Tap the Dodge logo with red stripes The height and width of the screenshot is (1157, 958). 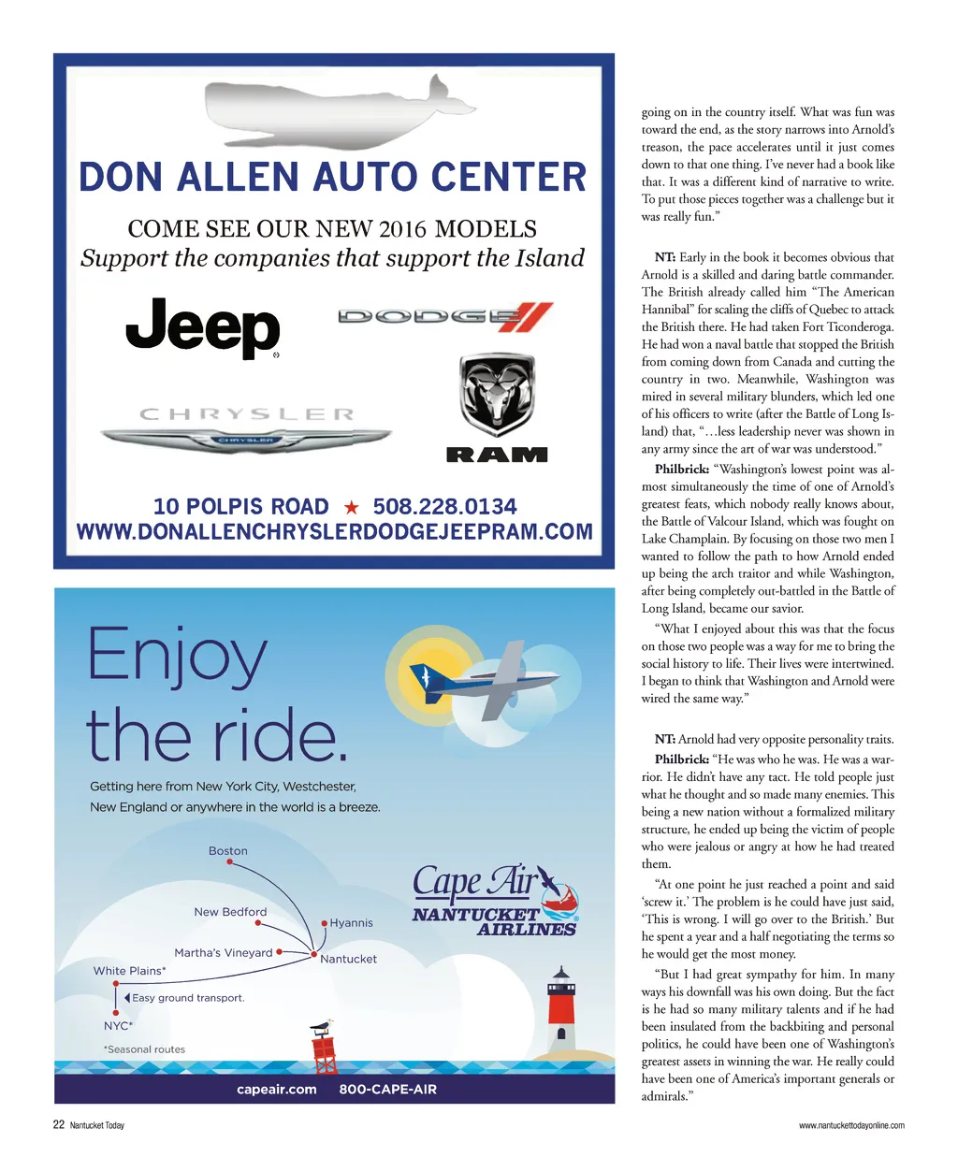pos(445,316)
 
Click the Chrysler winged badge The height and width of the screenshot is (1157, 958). pos(245,437)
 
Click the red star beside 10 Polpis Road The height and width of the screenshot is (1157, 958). pos(352,508)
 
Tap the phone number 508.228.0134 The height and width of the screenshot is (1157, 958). pos(444,507)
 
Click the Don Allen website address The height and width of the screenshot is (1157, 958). pos(334,532)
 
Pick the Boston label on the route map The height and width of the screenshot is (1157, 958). pos(228,851)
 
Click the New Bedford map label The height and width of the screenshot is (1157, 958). pos(230,912)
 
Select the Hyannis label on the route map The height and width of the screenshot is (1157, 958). pos(351,923)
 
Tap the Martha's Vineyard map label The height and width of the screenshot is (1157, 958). pos(224,953)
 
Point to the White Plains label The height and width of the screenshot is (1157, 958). pos(129,971)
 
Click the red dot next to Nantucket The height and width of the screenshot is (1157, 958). pos(313,955)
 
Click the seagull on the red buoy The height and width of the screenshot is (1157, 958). pos(322,1026)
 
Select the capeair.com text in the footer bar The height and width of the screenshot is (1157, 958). pos(277,1090)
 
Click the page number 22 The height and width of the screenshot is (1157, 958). pos(58,1125)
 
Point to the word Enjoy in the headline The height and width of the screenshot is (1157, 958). pos(178,658)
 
